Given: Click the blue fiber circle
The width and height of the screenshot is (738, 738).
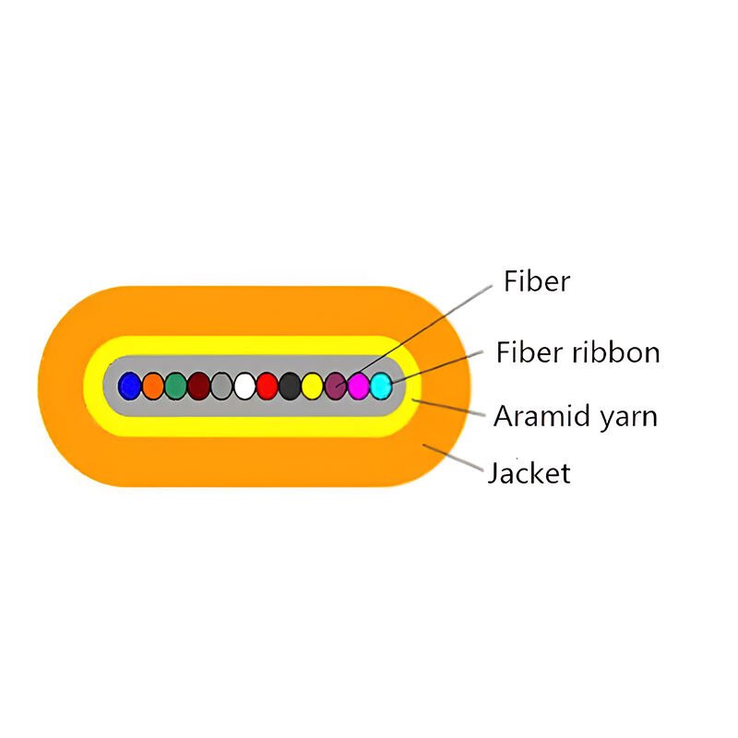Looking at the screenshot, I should (130, 385).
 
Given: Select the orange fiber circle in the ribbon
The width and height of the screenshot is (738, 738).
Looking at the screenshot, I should (153, 385).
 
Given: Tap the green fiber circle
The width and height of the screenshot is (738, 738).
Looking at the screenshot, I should (175, 385).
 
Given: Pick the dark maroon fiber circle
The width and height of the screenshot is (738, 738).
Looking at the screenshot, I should (198, 385).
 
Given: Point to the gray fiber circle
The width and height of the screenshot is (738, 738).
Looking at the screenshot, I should (221, 385).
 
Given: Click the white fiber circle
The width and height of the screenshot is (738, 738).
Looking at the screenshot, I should (244, 385).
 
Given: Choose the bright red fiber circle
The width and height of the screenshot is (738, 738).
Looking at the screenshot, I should (268, 385).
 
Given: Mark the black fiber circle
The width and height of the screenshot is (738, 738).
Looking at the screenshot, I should (290, 385).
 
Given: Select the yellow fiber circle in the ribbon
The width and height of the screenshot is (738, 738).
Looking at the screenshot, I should (313, 385).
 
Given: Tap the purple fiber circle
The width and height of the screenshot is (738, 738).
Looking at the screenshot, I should (336, 385).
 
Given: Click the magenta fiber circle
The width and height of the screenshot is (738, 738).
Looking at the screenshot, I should (358, 385).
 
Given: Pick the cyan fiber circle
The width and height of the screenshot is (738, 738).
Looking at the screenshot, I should (380, 385).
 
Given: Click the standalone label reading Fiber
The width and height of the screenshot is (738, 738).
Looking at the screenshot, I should (537, 280).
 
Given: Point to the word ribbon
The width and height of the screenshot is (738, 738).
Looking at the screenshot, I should (617, 352).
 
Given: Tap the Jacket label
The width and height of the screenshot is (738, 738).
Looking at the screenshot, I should (529, 473).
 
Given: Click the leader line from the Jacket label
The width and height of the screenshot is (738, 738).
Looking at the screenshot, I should (454, 458).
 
